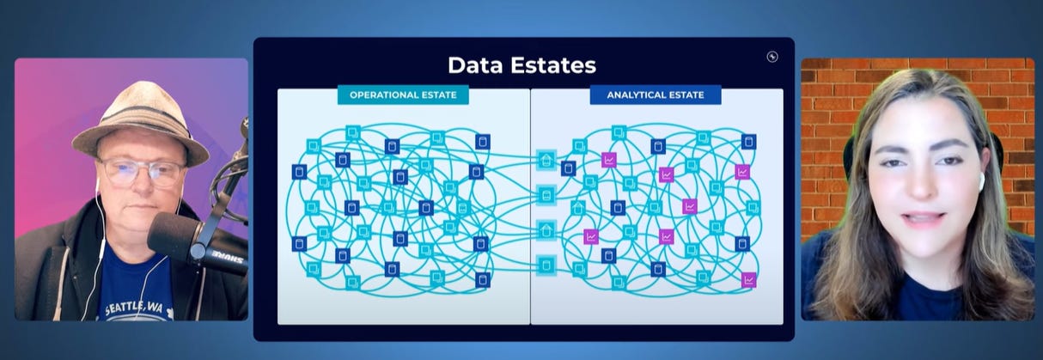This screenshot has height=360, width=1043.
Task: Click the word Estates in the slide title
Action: pos(559,65)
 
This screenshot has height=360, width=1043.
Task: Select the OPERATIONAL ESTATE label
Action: pos(402,95)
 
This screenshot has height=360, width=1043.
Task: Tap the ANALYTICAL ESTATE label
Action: pos(655,95)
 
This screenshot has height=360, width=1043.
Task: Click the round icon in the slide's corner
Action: pos(772,57)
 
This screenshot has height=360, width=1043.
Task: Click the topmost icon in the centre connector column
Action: pos(545,160)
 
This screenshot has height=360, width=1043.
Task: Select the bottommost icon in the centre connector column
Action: pos(545,265)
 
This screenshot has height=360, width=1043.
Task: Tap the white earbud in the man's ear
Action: pos(98,184)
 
